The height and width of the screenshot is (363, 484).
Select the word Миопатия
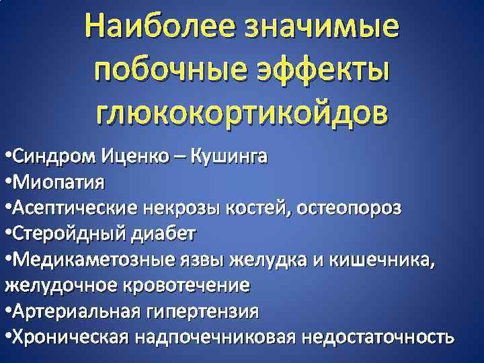coord(58,184)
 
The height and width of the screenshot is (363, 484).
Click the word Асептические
coord(75,208)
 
